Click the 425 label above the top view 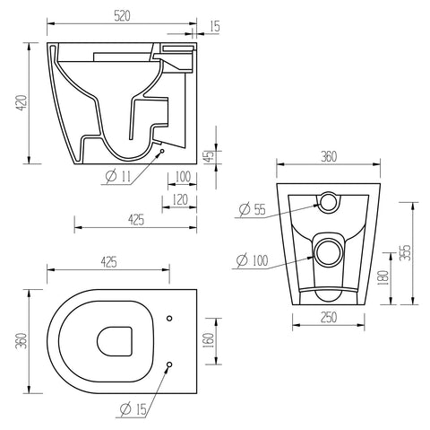click(x=108, y=262)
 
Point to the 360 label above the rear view click(x=328, y=157)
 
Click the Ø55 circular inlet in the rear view click(x=331, y=202)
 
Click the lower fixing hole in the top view click(x=168, y=364)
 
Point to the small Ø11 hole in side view click(x=161, y=152)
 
